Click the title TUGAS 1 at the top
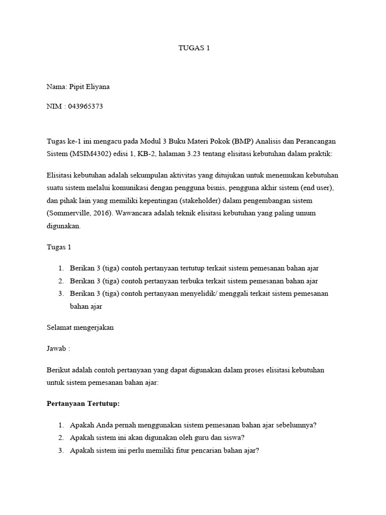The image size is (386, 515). click(194, 48)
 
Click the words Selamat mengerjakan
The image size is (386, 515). click(80, 327)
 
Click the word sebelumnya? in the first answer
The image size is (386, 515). click(297, 425)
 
